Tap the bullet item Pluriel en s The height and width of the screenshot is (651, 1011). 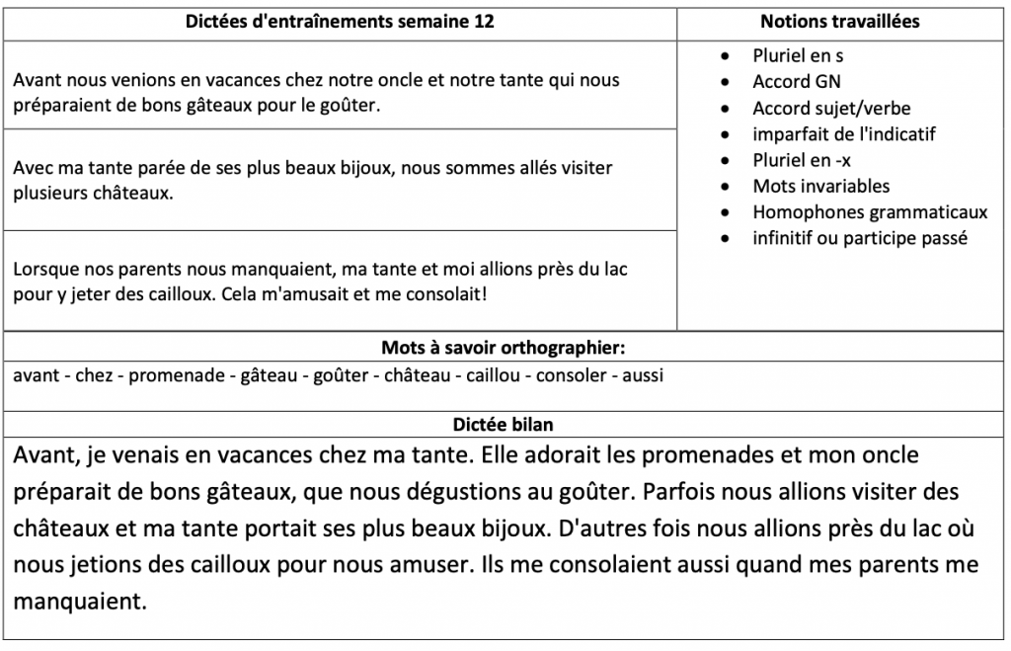pos(798,56)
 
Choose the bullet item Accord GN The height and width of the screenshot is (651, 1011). pos(797,82)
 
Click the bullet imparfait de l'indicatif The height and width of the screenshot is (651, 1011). pos(843,133)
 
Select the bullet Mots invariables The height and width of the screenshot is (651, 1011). pos(820,186)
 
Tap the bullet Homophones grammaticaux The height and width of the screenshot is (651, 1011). pos(870,211)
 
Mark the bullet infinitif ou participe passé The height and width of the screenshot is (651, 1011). pos(860,238)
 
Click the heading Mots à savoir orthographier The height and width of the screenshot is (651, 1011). pos(505,348)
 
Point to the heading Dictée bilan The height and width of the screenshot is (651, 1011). pos(504,425)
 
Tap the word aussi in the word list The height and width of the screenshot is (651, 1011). pos(643,375)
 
